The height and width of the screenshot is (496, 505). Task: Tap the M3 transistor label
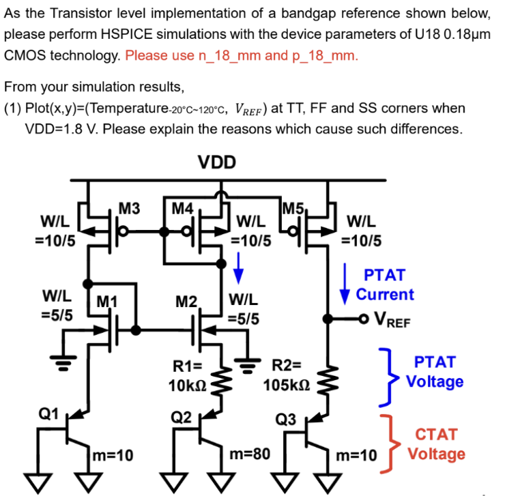pos(130,208)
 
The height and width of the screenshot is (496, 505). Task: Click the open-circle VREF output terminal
pos(365,319)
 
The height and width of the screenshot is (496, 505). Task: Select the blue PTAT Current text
pos(385,285)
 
